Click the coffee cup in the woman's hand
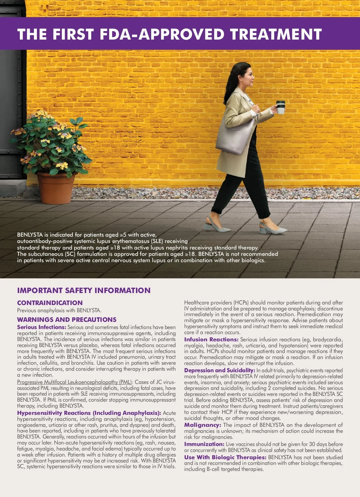point(280,107)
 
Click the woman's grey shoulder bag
point(235,135)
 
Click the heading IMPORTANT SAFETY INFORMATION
point(84,290)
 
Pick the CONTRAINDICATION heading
point(50,303)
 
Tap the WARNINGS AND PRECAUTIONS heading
point(67,319)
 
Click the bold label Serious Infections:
point(41,327)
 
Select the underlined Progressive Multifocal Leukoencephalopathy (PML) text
point(74,382)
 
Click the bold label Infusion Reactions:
point(211,340)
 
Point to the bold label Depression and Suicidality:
point(220,370)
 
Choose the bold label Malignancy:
point(202,425)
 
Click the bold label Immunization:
point(204,444)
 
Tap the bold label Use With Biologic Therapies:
point(225,457)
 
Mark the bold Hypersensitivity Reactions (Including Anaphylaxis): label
point(89,413)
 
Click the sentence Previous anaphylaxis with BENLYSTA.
point(59,310)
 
